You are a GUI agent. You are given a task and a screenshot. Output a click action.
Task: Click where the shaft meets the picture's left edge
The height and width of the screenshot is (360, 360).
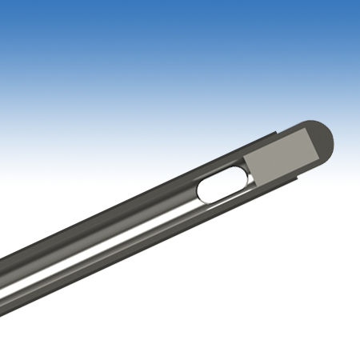tap(2, 276)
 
